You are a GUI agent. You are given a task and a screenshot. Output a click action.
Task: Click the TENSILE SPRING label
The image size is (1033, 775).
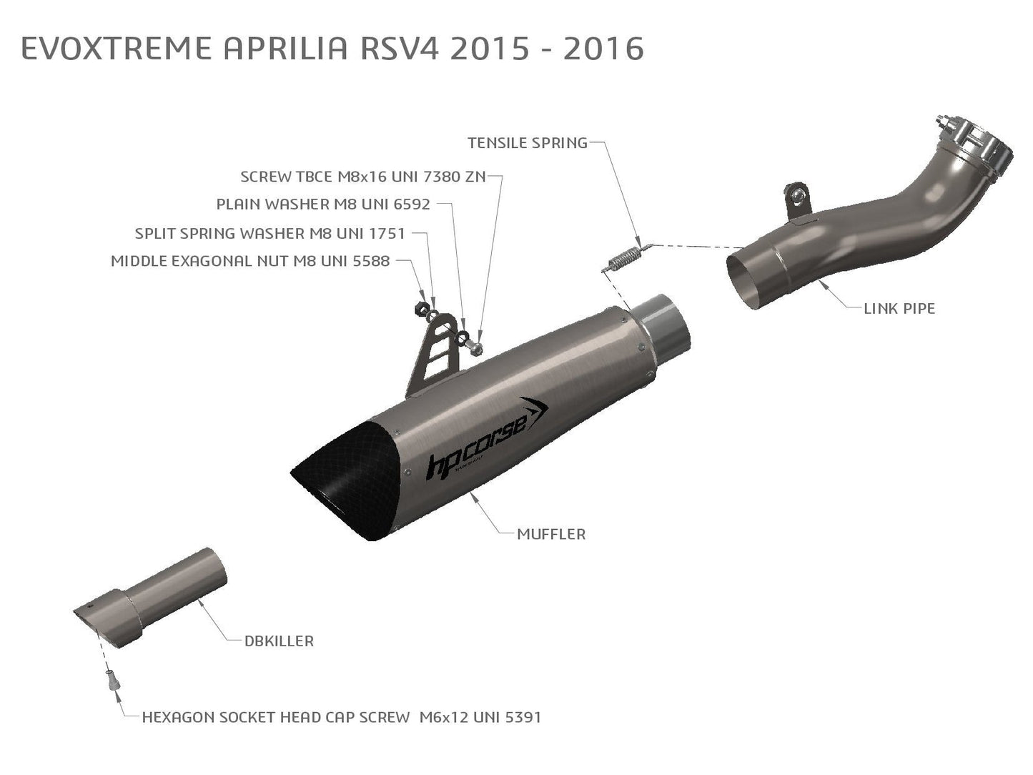527,143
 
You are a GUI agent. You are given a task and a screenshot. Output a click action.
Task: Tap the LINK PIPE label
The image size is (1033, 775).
899,309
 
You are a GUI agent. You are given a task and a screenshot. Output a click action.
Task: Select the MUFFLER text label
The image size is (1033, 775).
550,534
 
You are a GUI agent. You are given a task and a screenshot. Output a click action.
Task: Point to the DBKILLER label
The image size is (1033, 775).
279,641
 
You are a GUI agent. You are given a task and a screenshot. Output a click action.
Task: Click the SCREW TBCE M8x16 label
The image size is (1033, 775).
362,177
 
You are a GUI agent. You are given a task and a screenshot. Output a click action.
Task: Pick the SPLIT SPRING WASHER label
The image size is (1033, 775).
270,234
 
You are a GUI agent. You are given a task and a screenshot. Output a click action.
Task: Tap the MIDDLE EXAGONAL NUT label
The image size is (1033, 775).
250,262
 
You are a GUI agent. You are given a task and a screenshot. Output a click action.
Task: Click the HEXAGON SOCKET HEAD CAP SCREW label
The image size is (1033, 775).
341,717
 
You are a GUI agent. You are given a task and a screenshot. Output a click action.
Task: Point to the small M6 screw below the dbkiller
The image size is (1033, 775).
112,680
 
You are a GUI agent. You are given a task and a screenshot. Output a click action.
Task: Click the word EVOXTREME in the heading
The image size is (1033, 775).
117,49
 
